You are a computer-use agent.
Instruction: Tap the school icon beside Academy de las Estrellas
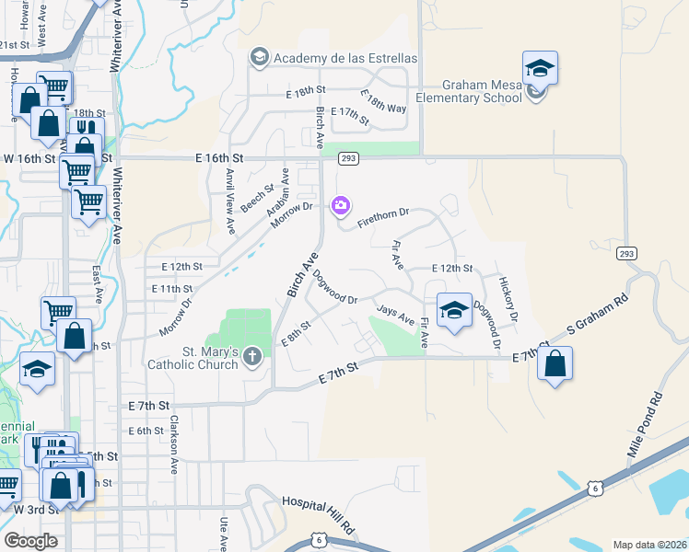tap(259, 58)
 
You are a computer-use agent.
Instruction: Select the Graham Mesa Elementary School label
tap(469, 91)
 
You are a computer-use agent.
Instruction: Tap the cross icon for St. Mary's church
tap(253, 363)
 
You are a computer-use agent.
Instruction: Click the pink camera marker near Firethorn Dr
tap(341, 204)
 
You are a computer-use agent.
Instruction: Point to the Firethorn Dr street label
tap(382, 218)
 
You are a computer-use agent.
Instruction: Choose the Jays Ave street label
tap(395, 315)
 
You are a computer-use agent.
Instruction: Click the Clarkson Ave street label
tap(172, 443)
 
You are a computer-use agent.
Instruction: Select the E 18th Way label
tap(383, 101)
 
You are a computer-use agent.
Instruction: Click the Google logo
tap(30, 541)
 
